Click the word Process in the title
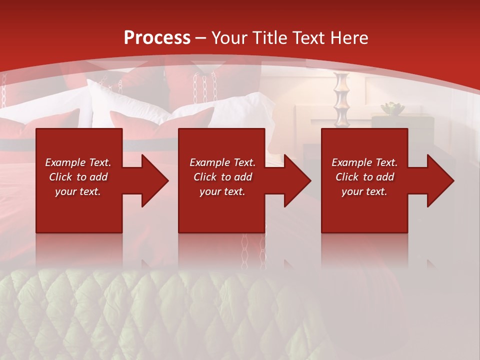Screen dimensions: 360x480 pyautogui.click(x=157, y=38)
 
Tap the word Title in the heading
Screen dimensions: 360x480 pyautogui.click(x=269, y=38)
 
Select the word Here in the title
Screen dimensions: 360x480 pyautogui.click(x=348, y=38)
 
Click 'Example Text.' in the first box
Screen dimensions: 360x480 pyautogui.click(x=78, y=162)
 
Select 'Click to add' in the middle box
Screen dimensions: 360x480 pyautogui.click(x=222, y=177)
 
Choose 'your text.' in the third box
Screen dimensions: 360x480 pyautogui.click(x=364, y=191)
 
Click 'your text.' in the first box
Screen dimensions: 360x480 pyautogui.click(x=78, y=191)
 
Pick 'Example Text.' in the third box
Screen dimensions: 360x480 pyautogui.click(x=364, y=162)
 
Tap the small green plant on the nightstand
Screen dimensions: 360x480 pyautogui.click(x=392, y=108)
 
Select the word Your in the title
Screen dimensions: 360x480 pyautogui.click(x=229, y=38)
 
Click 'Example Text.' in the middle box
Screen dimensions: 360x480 pyautogui.click(x=222, y=162)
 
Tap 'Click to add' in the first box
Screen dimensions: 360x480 pyautogui.click(x=78, y=177)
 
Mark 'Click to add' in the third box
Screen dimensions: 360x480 pyautogui.click(x=364, y=177)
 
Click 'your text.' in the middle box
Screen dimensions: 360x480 pyautogui.click(x=222, y=191)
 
